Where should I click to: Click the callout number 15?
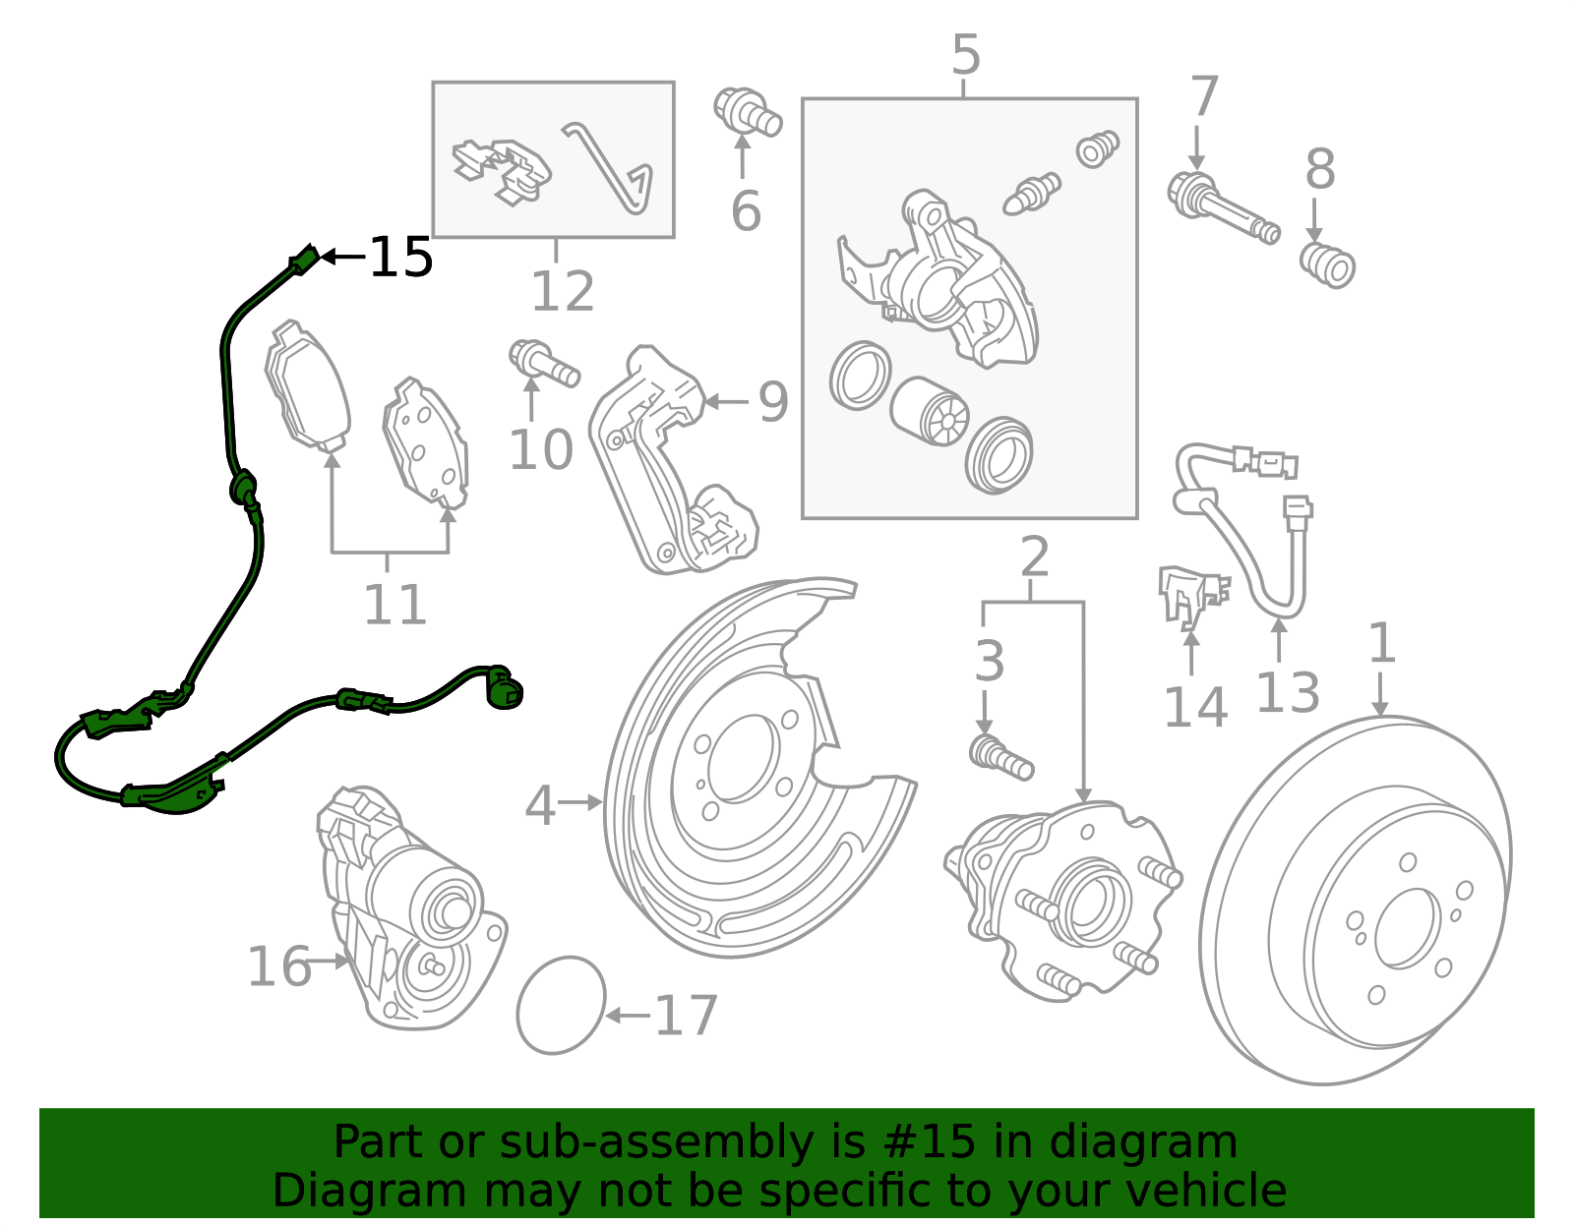click(401, 258)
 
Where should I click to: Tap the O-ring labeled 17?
click(561, 1005)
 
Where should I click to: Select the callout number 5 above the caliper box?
click(965, 55)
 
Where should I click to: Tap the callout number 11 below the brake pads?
click(394, 605)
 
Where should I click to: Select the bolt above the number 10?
click(542, 362)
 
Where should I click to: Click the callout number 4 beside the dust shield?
click(540, 805)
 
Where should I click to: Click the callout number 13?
click(1287, 693)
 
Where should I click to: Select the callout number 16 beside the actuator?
click(278, 966)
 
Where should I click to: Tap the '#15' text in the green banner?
click(930, 1142)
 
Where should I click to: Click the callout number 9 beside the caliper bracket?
click(773, 402)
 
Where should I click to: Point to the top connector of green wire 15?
click(304, 261)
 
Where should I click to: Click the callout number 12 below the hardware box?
click(563, 291)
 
